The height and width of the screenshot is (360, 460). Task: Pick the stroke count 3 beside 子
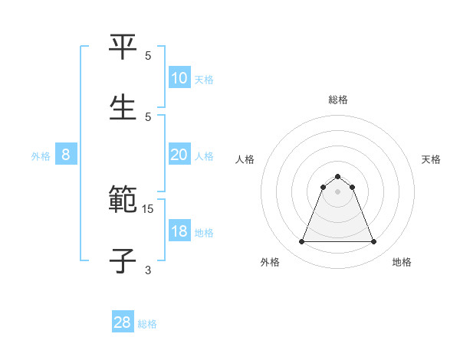pyautogui.click(x=148, y=270)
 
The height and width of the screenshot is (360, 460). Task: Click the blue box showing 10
pyautogui.click(x=179, y=78)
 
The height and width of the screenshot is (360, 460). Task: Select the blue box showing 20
pyautogui.click(x=179, y=155)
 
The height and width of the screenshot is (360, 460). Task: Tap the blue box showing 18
pyautogui.click(x=179, y=231)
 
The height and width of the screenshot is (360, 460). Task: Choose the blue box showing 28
pyautogui.click(x=123, y=322)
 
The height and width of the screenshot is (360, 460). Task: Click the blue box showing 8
pyautogui.click(x=66, y=155)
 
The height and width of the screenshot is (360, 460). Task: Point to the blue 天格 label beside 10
pyautogui.click(x=204, y=80)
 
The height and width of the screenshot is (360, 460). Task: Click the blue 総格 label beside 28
pyautogui.click(x=147, y=324)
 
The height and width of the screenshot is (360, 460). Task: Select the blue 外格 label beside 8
pyautogui.click(x=41, y=156)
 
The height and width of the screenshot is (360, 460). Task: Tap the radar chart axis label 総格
pyautogui.click(x=338, y=100)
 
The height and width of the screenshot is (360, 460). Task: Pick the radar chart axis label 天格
pyautogui.click(x=432, y=159)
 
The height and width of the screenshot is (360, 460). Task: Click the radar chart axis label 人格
pyautogui.click(x=245, y=159)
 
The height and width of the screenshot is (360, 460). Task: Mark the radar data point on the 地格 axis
pyautogui.click(x=373, y=242)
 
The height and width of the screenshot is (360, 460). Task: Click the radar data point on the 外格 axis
pyautogui.click(x=301, y=242)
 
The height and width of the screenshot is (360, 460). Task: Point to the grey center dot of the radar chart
pyautogui.click(x=337, y=191)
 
